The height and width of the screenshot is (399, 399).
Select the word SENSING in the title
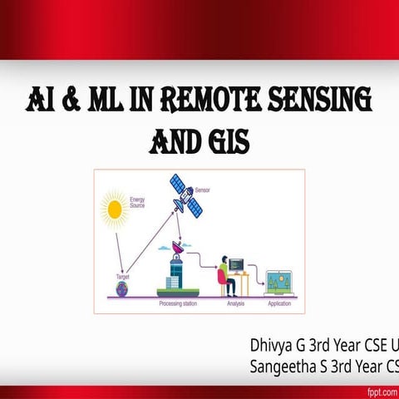click(324, 103)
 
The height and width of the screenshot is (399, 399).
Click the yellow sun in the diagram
click(114, 209)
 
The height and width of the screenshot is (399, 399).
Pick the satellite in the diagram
click(185, 195)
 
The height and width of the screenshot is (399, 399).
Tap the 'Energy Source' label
click(139, 203)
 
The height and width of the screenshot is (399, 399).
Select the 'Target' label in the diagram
click(122, 276)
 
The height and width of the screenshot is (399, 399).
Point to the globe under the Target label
click(122, 288)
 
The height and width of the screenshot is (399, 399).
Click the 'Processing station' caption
click(177, 304)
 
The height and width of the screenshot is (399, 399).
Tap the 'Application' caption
click(278, 304)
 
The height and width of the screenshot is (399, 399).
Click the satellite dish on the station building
click(178, 247)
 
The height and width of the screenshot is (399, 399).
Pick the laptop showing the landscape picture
click(277, 282)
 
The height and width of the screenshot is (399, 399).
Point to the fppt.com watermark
click(382, 392)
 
